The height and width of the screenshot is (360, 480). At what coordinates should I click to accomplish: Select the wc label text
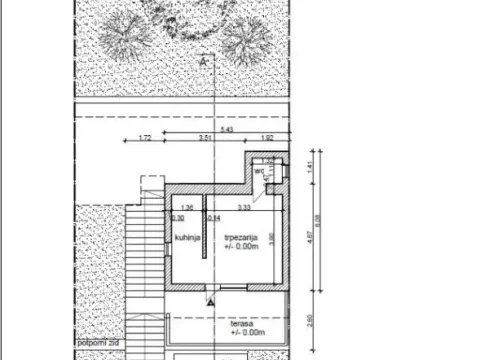tap(258, 171)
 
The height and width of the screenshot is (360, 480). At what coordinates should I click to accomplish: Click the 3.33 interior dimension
tap(243, 207)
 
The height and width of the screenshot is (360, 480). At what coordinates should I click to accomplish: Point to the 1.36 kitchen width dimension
tap(188, 207)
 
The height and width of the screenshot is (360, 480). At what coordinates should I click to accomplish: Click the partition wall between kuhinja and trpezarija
tap(204, 240)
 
